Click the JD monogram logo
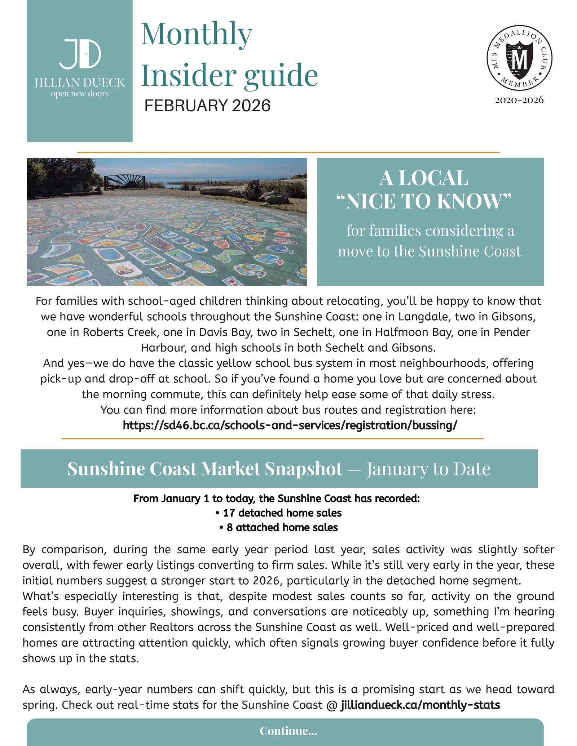80,54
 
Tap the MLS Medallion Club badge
519,58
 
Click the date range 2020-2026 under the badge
519,100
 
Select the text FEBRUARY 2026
207,106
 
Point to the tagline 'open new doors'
80,94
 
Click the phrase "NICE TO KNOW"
424,201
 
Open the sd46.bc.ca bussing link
290,425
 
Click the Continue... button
288,731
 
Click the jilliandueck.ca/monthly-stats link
420,705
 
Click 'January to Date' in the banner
428,469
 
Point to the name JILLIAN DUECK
80,83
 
